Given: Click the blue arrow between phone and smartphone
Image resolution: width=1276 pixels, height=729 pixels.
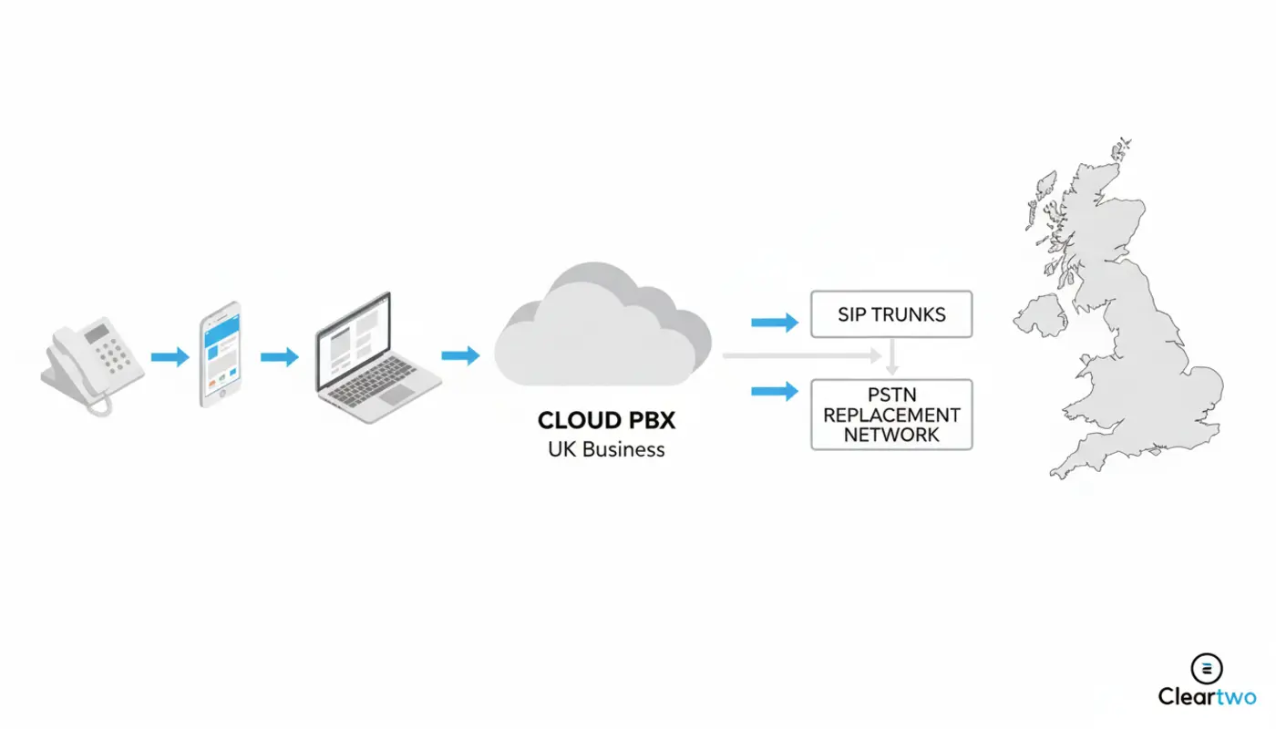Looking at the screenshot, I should click(x=170, y=357).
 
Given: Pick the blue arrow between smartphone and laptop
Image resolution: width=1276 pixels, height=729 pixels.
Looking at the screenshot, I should click(x=279, y=357).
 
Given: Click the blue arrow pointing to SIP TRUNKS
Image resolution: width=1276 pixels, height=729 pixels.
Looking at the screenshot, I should click(x=774, y=322).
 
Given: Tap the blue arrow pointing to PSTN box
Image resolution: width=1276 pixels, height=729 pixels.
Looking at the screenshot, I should click(x=774, y=392).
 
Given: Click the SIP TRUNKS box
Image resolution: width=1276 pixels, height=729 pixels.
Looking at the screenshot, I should click(x=891, y=314).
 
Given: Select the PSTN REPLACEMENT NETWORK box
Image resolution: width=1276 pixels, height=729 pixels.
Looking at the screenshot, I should click(x=891, y=415).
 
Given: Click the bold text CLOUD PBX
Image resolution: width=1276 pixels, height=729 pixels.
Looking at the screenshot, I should click(x=606, y=420).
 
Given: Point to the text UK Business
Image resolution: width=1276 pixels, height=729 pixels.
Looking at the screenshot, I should click(x=606, y=448).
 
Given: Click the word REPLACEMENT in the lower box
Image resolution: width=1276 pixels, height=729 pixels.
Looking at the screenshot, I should click(x=891, y=415).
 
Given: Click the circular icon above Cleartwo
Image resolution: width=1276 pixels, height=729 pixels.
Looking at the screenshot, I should click(x=1207, y=668).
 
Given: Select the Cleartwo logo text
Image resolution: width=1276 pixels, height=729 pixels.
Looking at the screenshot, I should click(x=1207, y=696).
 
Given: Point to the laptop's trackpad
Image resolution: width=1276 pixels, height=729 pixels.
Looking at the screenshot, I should click(x=396, y=394).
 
